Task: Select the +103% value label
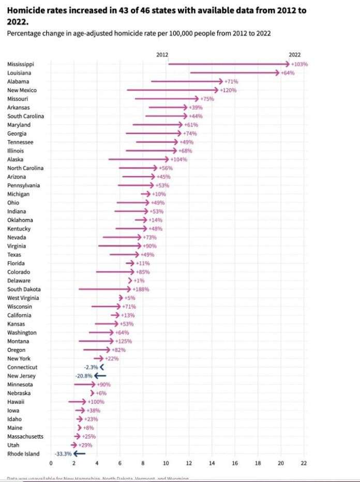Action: [x=299, y=64]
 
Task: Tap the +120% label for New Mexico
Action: [x=228, y=90]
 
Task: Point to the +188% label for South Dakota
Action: [x=141, y=289]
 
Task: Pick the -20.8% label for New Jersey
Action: [x=84, y=376]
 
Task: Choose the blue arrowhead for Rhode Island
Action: [x=76, y=454]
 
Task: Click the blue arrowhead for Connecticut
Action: [x=102, y=367]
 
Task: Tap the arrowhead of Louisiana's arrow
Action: [x=277, y=73]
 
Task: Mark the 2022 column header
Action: [x=294, y=55]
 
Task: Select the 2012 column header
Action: [x=162, y=55]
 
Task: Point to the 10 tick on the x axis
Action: [x=166, y=463]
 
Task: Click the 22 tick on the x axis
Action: [x=304, y=463]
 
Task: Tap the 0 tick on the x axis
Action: [x=51, y=463]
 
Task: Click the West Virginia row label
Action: [x=23, y=298]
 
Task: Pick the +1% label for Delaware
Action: [x=139, y=281]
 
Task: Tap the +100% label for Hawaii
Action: [x=96, y=402]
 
